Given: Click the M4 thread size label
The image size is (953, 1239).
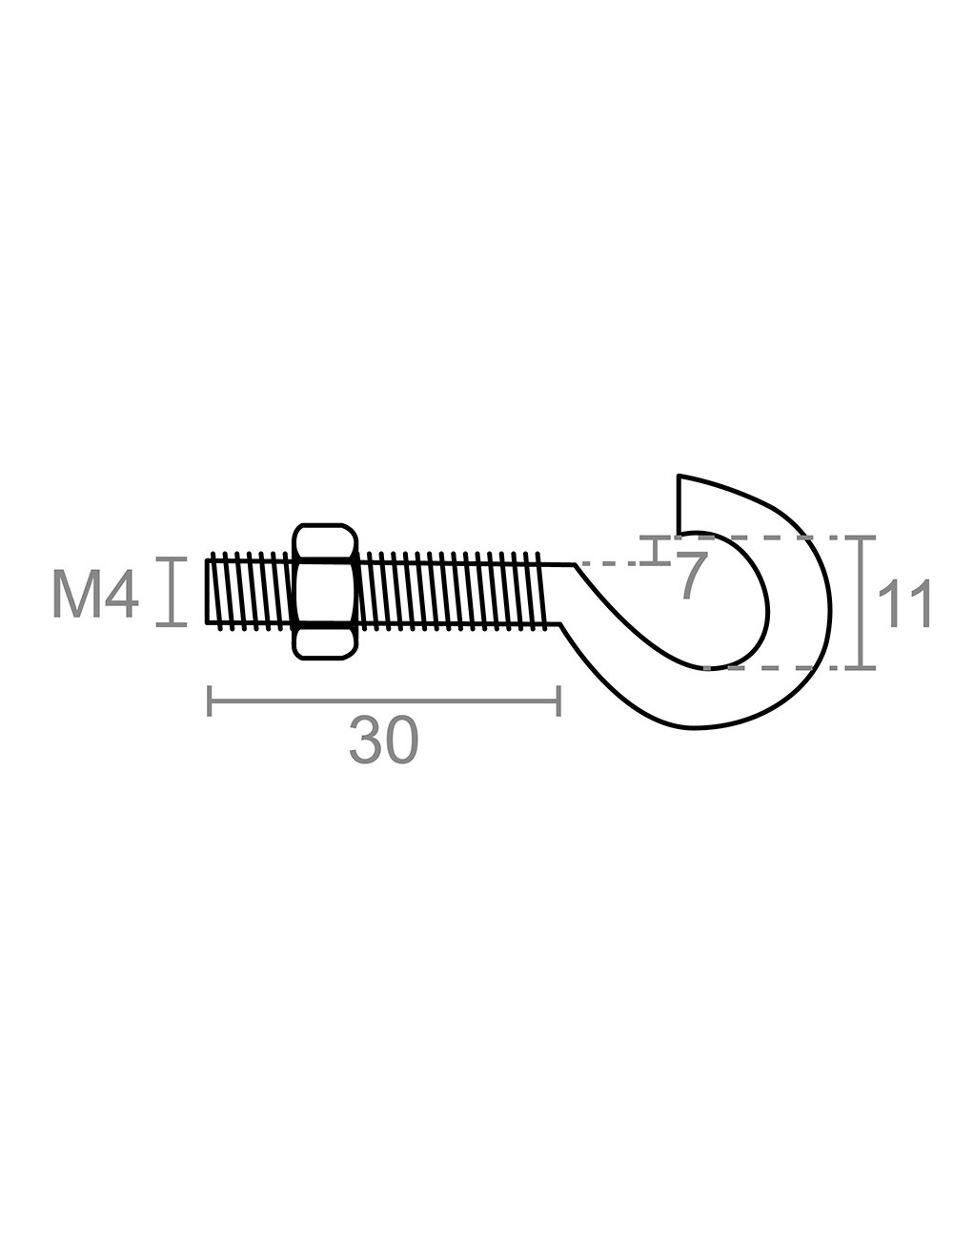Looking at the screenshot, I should tap(95, 593).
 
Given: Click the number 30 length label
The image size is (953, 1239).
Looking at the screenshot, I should tap(384, 741).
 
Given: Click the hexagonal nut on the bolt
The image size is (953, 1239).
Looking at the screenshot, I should tap(326, 591).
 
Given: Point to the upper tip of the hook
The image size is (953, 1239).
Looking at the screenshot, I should tap(679, 477).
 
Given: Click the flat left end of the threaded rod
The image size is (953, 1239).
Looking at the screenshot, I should tap(207, 592).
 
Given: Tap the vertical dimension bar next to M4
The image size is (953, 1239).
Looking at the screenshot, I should tap(172, 592).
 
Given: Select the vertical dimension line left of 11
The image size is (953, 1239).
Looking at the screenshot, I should tap(862, 603).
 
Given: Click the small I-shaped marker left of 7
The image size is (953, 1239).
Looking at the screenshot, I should tap(656, 550).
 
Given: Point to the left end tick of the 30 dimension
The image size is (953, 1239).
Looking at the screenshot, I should tap(210, 701).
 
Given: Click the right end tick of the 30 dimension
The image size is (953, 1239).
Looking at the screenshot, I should tap(559, 701).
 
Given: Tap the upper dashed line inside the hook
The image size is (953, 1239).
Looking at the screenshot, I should tap(772, 538).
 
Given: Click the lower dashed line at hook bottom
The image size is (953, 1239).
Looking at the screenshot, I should tap(762, 667).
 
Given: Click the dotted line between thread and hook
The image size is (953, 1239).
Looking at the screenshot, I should tap(610, 564).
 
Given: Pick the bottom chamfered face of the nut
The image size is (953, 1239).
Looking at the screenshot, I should tap(326, 642).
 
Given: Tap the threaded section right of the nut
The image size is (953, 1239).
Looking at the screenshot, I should tap(448, 591).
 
